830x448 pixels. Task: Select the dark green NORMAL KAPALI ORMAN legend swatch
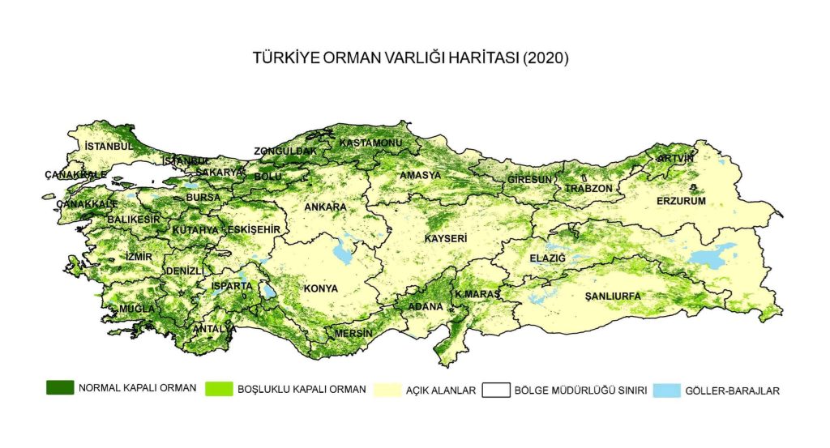(x=60, y=388)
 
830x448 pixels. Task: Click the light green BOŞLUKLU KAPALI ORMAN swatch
(x=220, y=390)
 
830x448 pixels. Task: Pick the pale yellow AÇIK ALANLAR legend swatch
(x=390, y=390)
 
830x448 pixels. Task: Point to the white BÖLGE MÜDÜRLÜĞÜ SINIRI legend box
(x=495, y=390)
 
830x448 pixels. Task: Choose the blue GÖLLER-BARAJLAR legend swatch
(x=666, y=390)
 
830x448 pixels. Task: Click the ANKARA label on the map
(x=325, y=207)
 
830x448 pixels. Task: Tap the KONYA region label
(x=320, y=288)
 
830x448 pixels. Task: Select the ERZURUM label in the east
(x=681, y=200)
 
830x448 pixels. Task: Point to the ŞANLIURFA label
(x=613, y=297)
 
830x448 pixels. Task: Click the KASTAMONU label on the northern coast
(x=370, y=143)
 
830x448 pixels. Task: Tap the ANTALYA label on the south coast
(x=215, y=329)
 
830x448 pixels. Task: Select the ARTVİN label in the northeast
(x=676, y=158)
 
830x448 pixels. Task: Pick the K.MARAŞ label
(x=477, y=293)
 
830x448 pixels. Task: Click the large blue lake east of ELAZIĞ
(x=713, y=255)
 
